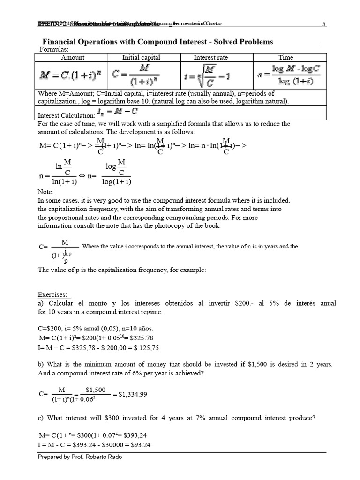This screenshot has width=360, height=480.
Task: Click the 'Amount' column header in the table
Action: pyautogui.click(x=73, y=57)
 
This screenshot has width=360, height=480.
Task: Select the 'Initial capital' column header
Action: pyautogui.click(x=141, y=57)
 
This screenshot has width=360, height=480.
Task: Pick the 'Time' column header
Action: pyautogui.click(x=285, y=57)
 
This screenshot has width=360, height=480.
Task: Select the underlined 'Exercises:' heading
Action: pyautogui.click(x=54, y=295)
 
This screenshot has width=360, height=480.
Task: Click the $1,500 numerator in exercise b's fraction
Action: pyautogui.click(x=96, y=390)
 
